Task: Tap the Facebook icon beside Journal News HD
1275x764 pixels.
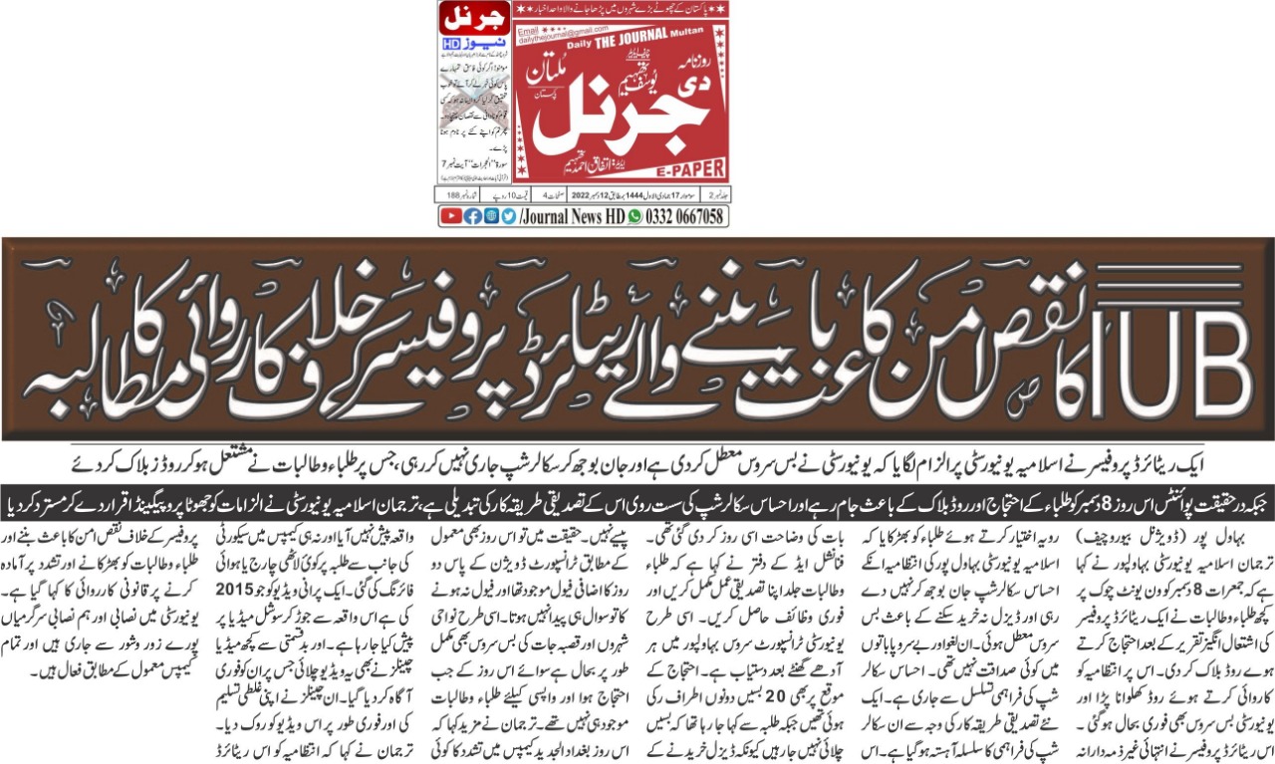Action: pos(472,216)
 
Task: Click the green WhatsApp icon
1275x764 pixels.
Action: pos(635,216)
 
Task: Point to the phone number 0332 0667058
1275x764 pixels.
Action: pos(683,216)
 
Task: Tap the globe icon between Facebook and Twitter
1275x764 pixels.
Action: pos(492,216)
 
